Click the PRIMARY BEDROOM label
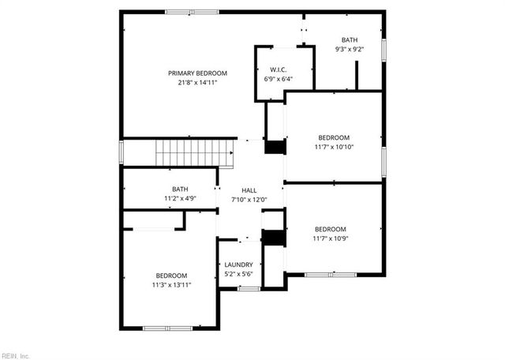192,73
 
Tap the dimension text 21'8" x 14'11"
192,82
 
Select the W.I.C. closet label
278,69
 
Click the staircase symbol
194,152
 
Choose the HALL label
249,190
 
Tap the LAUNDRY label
238,264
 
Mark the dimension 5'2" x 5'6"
238,273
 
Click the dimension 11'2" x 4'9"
180,198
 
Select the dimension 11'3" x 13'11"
171,284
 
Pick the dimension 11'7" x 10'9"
330,238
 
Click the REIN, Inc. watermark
15,355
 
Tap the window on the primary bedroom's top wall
192,11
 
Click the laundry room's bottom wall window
249,289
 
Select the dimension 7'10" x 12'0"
249,199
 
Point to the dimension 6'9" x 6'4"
278,79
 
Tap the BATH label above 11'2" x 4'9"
180,189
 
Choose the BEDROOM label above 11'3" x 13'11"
171,275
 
